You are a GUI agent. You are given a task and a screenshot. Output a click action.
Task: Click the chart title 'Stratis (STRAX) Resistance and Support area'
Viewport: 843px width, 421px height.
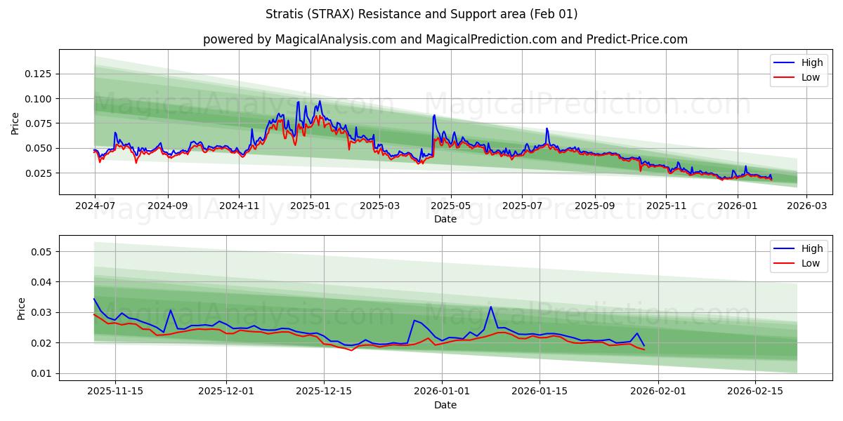[421, 14]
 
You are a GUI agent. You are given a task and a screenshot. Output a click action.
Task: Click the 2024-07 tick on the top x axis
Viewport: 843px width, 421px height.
[95, 206]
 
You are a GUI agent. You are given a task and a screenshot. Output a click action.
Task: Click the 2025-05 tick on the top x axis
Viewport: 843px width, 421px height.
[450, 206]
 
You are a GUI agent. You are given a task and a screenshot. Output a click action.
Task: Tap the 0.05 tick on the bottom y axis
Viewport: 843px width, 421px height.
[44, 251]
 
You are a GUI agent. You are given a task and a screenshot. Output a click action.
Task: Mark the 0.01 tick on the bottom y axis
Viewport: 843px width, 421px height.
[44, 373]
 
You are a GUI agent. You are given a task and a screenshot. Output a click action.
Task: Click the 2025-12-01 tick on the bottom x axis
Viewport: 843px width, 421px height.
[226, 392]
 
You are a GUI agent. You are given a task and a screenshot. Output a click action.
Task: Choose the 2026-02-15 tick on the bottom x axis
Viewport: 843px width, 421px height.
[755, 392]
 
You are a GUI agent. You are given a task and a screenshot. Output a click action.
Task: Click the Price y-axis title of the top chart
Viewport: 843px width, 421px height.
[15, 123]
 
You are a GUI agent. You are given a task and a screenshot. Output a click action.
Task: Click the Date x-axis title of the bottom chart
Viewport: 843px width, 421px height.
[445, 405]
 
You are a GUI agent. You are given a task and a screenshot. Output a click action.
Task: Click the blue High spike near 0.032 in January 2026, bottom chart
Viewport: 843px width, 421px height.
[490, 307]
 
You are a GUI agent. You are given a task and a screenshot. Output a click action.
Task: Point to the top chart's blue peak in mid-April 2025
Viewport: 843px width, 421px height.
[434, 115]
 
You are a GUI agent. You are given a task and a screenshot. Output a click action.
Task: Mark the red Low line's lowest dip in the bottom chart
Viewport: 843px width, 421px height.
[352, 349]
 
